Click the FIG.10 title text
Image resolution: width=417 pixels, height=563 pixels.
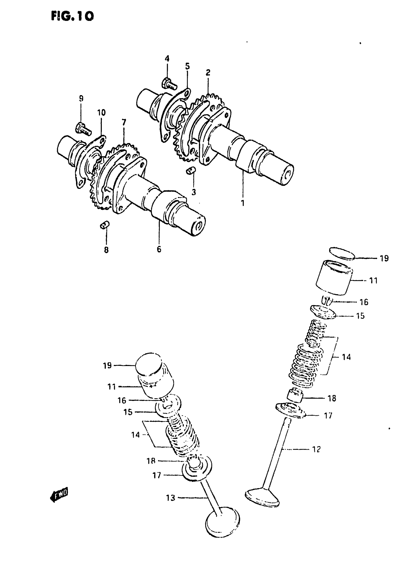point(72,16)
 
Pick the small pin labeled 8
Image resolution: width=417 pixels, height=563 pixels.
point(104,225)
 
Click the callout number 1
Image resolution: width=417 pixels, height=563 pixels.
point(243,203)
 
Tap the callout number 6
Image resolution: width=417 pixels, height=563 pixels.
point(159,249)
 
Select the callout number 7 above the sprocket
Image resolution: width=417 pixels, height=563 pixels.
point(124,123)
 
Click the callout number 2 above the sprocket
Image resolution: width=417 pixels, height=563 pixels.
point(208,73)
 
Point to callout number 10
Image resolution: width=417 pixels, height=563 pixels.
point(102,113)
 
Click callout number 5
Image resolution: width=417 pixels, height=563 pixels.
point(187,66)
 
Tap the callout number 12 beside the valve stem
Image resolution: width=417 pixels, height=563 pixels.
point(316,449)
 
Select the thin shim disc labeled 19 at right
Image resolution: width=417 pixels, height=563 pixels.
point(342,253)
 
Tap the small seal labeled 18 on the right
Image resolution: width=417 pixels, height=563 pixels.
point(296,396)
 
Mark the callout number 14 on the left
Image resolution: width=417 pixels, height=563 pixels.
point(136,435)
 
